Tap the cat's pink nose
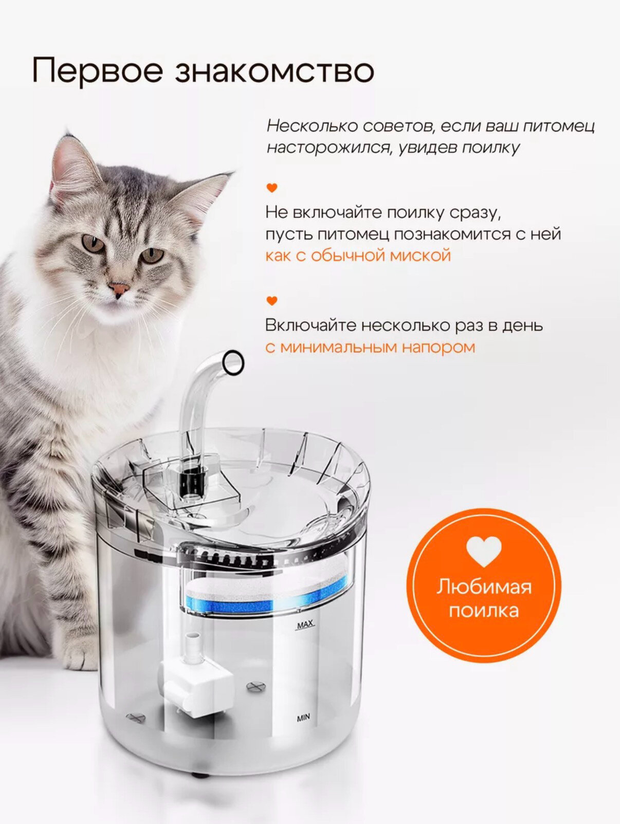[119, 289]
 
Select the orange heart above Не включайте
[272, 188]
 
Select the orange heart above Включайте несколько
[272, 301]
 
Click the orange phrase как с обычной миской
[358, 256]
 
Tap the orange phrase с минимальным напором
[370, 347]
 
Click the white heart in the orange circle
[484, 551]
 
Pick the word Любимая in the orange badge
[484, 588]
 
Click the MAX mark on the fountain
[305, 625]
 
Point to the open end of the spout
[233, 362]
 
